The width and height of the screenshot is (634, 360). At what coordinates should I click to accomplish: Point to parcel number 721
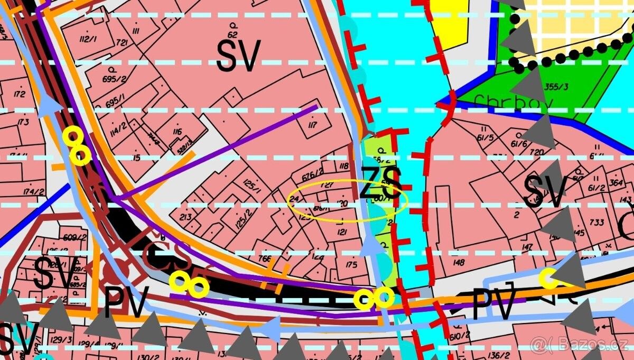coord(122,43)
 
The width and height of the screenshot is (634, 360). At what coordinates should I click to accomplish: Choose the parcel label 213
coord(186,217)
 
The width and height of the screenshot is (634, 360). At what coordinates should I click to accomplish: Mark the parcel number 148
coord(458,263)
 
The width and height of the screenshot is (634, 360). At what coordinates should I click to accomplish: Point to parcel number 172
coord(20,95)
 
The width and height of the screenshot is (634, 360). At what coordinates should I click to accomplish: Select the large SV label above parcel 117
coord(238,56)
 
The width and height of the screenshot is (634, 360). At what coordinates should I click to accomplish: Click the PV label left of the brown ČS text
coord(126,302)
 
